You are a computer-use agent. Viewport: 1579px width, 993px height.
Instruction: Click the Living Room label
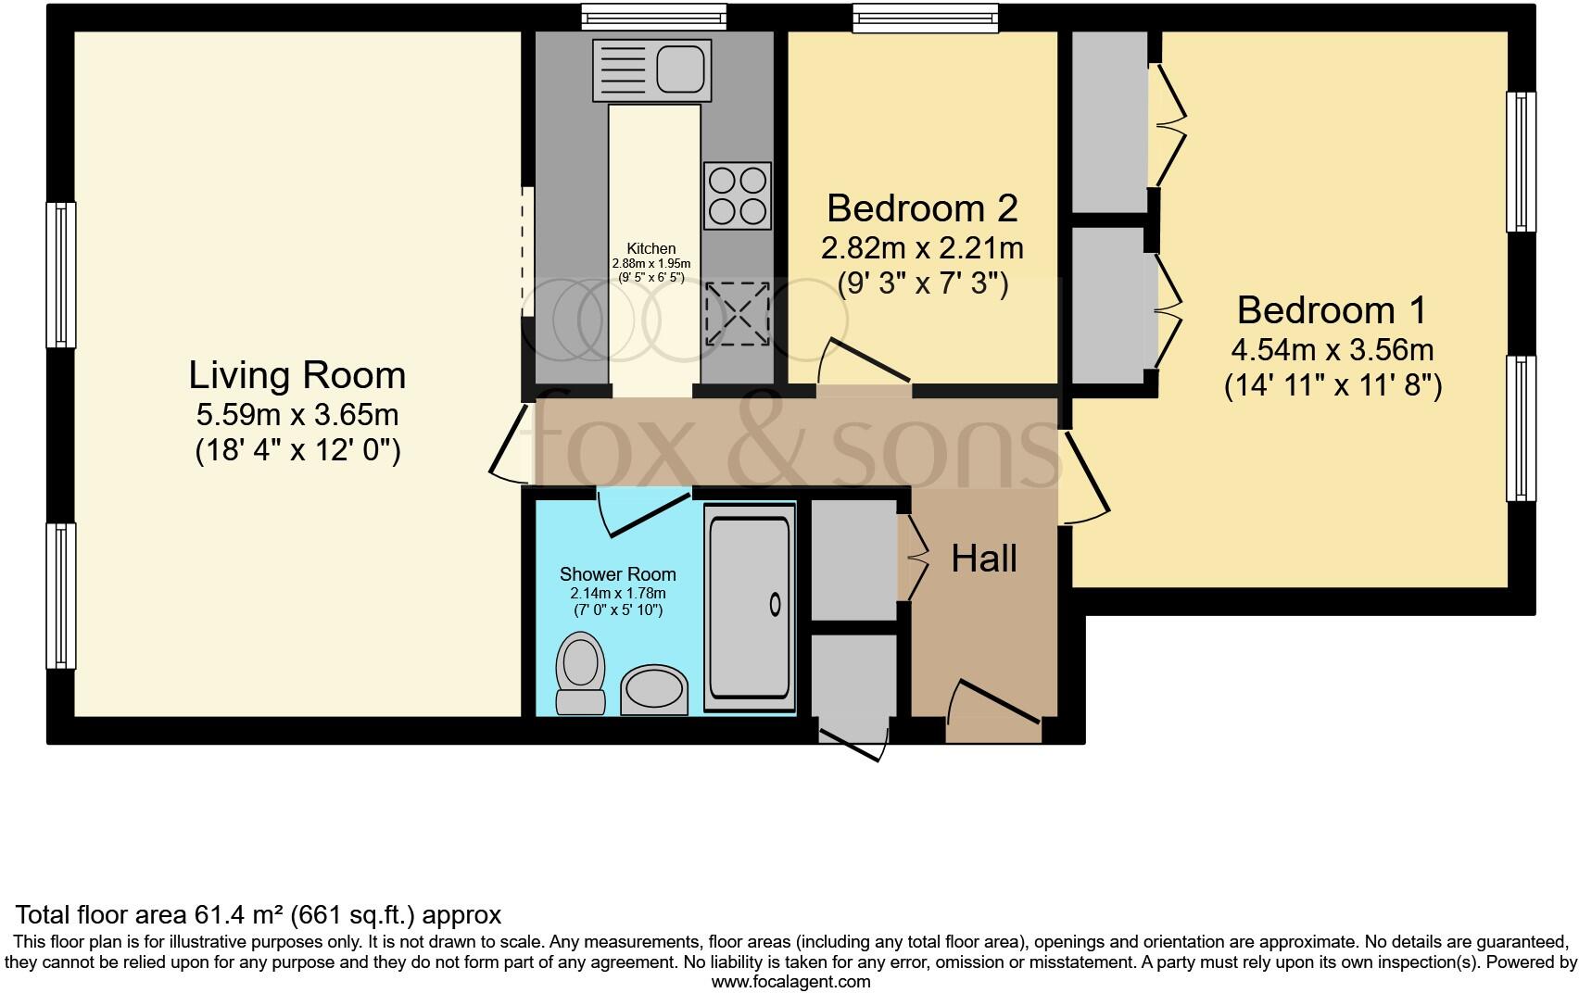point(297,375)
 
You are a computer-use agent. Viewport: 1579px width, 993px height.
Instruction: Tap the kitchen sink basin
point(681,69)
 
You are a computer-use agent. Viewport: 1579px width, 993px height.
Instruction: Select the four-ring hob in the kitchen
point(737,195)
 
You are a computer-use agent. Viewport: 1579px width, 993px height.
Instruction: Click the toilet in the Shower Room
point(580,672)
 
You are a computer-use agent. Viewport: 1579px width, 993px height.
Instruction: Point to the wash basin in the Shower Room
point(654,691)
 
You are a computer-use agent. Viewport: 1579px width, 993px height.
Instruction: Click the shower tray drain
point(775,605)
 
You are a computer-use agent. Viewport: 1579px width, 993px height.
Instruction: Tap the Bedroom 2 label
point(921,207)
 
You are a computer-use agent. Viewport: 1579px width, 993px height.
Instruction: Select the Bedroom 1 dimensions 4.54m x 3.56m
point(1332,350)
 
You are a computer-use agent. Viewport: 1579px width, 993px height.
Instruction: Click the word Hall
point(984,559)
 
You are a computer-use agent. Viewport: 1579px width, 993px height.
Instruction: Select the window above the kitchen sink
point(653,16)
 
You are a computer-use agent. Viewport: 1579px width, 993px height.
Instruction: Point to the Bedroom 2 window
point(925,16)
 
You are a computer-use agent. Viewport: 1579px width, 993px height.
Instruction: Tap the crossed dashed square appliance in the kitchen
point(737,313)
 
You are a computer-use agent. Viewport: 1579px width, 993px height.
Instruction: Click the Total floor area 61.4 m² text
point(259,915)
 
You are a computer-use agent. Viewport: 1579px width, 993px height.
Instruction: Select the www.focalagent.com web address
point(790,982)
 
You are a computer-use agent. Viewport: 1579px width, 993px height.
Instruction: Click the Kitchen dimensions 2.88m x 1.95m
point(651,264)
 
